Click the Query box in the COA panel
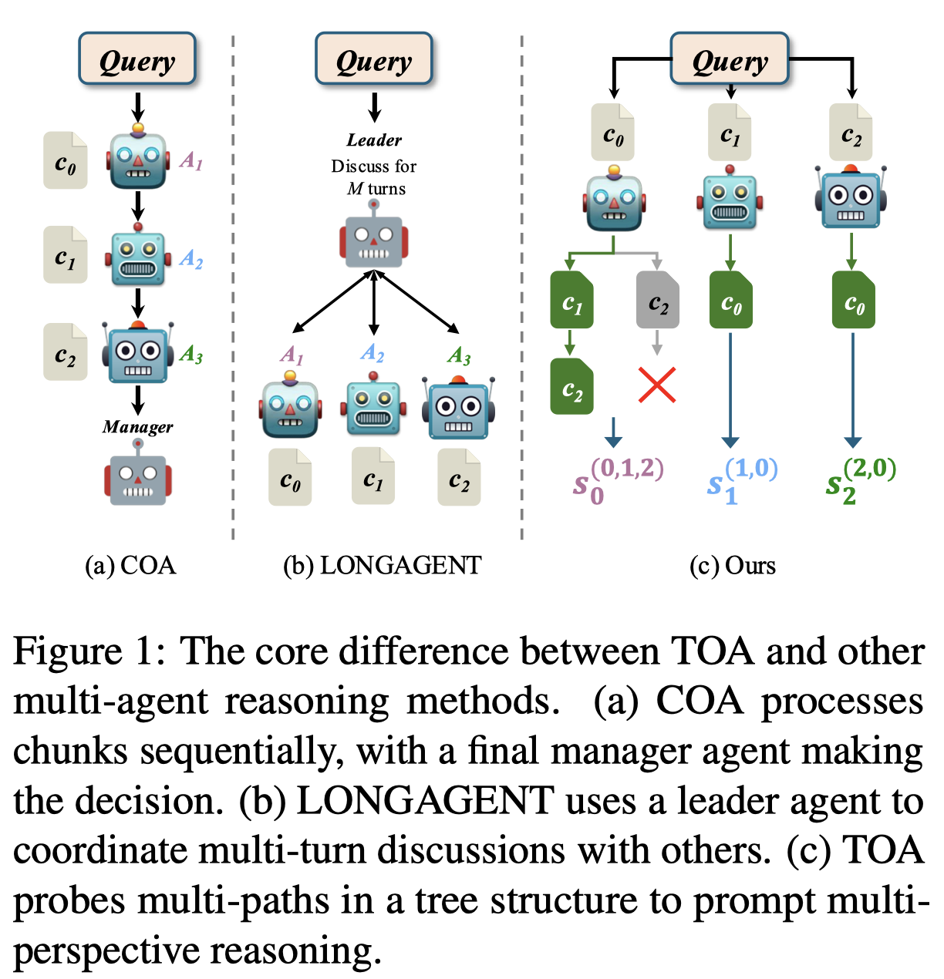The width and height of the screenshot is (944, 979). [x=137, y=59]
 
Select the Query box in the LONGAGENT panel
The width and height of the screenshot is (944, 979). [x=374, y=59]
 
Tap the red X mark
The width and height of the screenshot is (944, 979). [x=657, y=385]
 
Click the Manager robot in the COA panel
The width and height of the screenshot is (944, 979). [x=138, y=476]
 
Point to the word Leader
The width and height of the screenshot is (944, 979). [x=374, y=140]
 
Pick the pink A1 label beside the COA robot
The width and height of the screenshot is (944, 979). [x=191, y=160]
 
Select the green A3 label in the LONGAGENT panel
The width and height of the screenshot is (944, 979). [x=459, y=355]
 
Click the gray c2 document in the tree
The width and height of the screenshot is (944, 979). [x=657, y=301]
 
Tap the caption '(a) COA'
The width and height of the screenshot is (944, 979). [x=130, y=566]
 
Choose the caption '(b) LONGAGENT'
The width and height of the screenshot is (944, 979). [x=382, y=566]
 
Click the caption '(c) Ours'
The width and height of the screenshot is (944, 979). [x=732, y=566]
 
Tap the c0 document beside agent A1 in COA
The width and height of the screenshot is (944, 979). [x=66, y=160]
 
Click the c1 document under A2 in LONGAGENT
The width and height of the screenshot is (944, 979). [x=373, y=476]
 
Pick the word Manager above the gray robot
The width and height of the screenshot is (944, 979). [x=138, y=427]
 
